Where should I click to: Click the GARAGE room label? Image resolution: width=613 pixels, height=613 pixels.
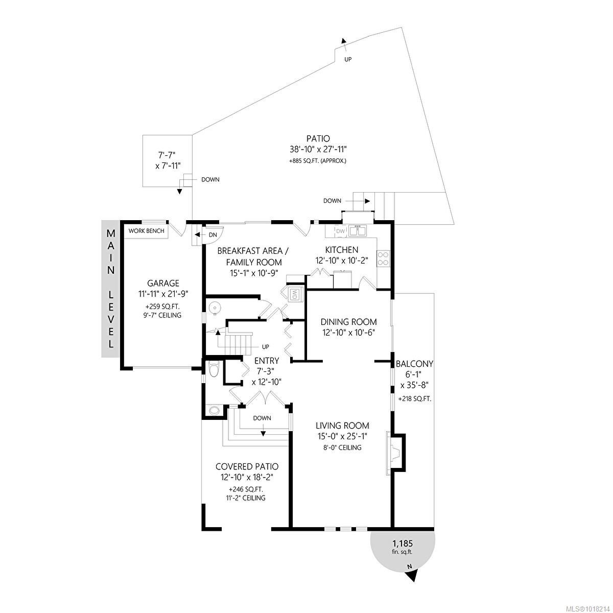pos(163,283)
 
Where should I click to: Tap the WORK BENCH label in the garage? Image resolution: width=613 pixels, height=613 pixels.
pos(147,231)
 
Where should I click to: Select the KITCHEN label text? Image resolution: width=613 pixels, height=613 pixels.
pos(342,250)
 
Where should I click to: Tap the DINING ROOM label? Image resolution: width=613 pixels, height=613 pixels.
pos(348,322)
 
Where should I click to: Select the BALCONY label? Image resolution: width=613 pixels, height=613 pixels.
pos(414,364)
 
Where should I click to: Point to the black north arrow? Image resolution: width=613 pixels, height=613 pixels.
pos(412,575)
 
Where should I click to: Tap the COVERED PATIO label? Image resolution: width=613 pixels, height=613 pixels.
pos(247,466)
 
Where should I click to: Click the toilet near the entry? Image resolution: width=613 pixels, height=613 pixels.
pos(214,368)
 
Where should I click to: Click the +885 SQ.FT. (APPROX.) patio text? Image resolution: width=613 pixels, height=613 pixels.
pos(318,161)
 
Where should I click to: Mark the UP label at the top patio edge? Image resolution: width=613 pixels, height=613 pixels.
pos(348,59)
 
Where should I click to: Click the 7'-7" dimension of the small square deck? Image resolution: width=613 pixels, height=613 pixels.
pos(168,154)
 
